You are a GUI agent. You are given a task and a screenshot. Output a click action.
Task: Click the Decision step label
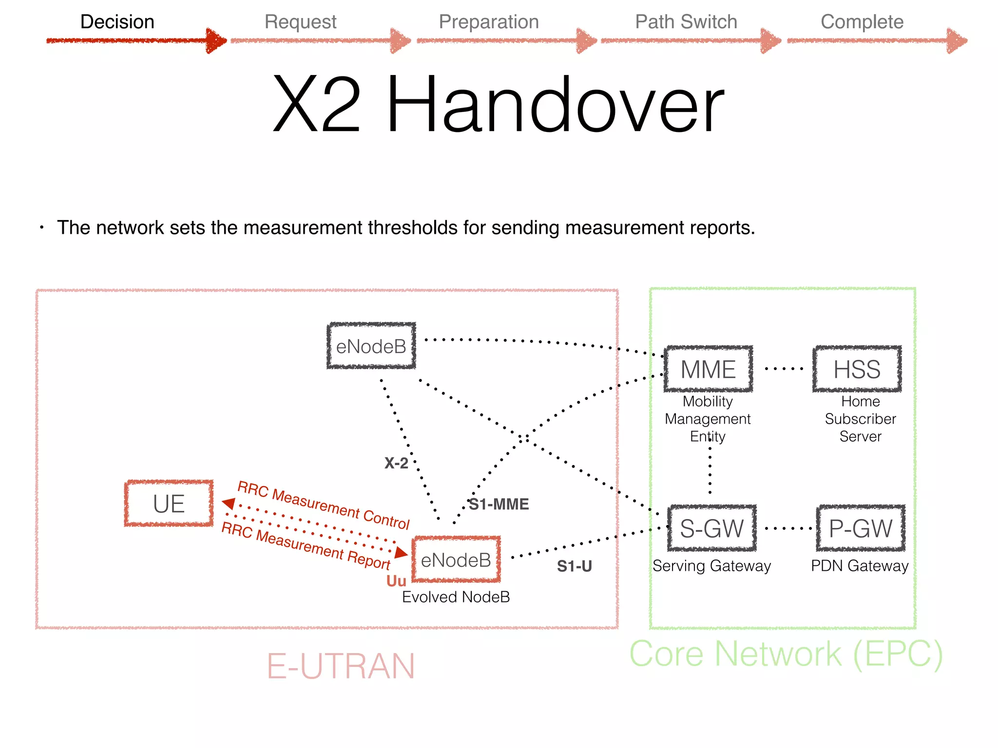[117, 22]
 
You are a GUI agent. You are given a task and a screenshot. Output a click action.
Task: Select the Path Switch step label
[686, 22]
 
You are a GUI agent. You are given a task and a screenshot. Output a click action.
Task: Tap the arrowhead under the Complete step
[957, 41]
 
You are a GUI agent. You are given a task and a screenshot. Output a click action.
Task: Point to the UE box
[169, 504]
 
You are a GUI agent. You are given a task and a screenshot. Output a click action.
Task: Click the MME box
[708, 369]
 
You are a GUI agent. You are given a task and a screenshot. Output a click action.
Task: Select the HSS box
[857, 369]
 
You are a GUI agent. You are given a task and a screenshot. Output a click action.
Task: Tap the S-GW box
[711, 528]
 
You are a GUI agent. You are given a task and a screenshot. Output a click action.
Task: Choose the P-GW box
[861, 528]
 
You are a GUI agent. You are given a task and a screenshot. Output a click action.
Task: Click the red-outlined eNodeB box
[456, 560]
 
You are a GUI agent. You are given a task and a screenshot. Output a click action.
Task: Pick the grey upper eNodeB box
[371, 346]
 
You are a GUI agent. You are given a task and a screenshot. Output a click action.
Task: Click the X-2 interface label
[396, 463]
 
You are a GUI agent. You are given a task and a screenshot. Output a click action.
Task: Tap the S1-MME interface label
[499, 504]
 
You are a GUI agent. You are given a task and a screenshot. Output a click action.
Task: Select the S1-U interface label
[574, 566]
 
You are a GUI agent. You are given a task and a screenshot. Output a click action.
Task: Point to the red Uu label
[396, 581]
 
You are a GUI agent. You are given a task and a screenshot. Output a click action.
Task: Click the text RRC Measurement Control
[324, 505]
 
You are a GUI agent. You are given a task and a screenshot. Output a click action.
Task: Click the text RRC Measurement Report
[306, 545]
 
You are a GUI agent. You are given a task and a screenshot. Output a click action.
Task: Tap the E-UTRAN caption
[341, 666]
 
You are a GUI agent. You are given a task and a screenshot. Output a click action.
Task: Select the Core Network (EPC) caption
[786, 654]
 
